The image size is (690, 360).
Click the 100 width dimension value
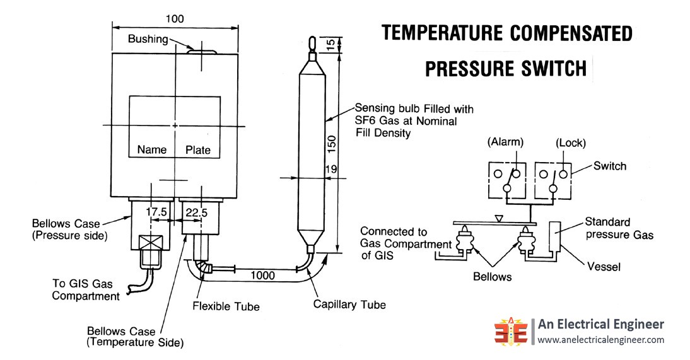coord(175,19)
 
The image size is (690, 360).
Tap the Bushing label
coord(148,39)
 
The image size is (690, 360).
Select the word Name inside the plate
coord(152,150)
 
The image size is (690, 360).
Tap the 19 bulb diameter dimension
coord(330,170)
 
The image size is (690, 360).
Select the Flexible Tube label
coord(225,307)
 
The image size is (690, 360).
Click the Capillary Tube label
coord(349,305)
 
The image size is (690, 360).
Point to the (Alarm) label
coord(506,143)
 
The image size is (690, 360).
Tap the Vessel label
coord(604,267)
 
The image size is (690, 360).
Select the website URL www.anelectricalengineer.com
coord(600,340)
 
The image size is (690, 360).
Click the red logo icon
coord(510,330)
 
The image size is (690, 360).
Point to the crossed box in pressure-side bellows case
coord(151,241)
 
